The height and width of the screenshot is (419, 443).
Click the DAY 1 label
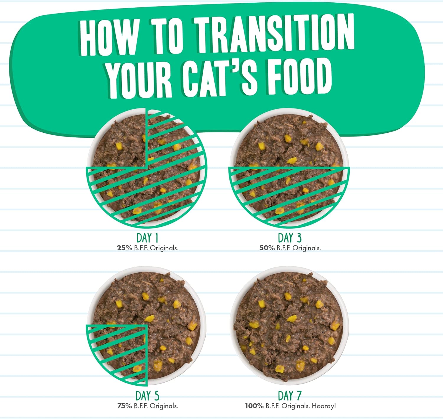(147, 238)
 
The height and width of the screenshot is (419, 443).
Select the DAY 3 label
(289, 238)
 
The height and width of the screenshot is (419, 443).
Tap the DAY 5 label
(147, 396)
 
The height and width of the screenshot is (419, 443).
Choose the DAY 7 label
(289, 396)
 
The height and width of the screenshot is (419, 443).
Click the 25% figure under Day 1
(124, 248)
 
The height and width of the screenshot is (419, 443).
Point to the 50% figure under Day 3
(267, 248)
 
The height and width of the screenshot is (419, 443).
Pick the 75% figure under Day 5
(124, 406)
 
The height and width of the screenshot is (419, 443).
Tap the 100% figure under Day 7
(254, 406)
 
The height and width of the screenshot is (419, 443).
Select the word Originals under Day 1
(164, 248)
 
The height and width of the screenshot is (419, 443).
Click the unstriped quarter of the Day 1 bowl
(119, 142)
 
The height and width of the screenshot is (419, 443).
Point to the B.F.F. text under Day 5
(141, 406)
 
